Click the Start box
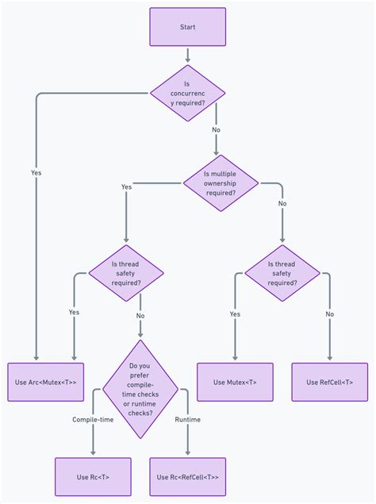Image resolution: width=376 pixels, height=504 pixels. pyautogui.click(x=187, y=26)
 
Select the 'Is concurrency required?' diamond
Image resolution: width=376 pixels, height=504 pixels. pyautogui.click(x=187, y=93)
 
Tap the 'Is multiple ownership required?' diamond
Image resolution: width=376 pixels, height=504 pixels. pyautogui.click(x=221, y=183)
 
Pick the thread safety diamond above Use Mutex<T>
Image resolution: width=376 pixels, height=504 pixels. pyautogui.click(x=282, y=272)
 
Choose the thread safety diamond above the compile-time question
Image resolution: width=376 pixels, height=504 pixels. pyautogui.click(x=125, y=272)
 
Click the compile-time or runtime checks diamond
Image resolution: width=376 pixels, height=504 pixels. pyautogui.click(x=140, y=389)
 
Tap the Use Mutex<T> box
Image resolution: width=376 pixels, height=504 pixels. pyautogui.click(x=235, y=382)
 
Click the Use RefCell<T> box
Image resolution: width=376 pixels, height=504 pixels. pyautogui.click(x=329, y=382)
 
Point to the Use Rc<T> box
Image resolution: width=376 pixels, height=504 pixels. pyautogui.click(x=93, y=476)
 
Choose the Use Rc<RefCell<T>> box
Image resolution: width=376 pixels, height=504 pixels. pyautogui.click(x=187, y=476)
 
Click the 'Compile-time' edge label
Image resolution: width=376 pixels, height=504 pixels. pyautogui.click(x=93, y=419)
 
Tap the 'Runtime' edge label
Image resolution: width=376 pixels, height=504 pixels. pyautogui.click(x=187, y=419)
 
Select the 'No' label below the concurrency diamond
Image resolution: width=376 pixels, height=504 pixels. pyautogui.click(x=216, y=129)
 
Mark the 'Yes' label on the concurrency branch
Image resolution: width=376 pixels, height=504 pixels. pyautogui.click(x=36, y=172)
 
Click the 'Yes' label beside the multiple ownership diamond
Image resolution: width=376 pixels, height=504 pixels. pyautogui.click(x=126, y=187)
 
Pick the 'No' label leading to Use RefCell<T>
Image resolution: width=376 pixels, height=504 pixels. pyautogui.click(x=329, y=314)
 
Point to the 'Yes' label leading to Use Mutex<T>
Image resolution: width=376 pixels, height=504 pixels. pyautogui.click(x=235, y=314)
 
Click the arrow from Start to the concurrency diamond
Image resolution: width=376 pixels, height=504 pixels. pyautogui.click(x=187, y=55)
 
